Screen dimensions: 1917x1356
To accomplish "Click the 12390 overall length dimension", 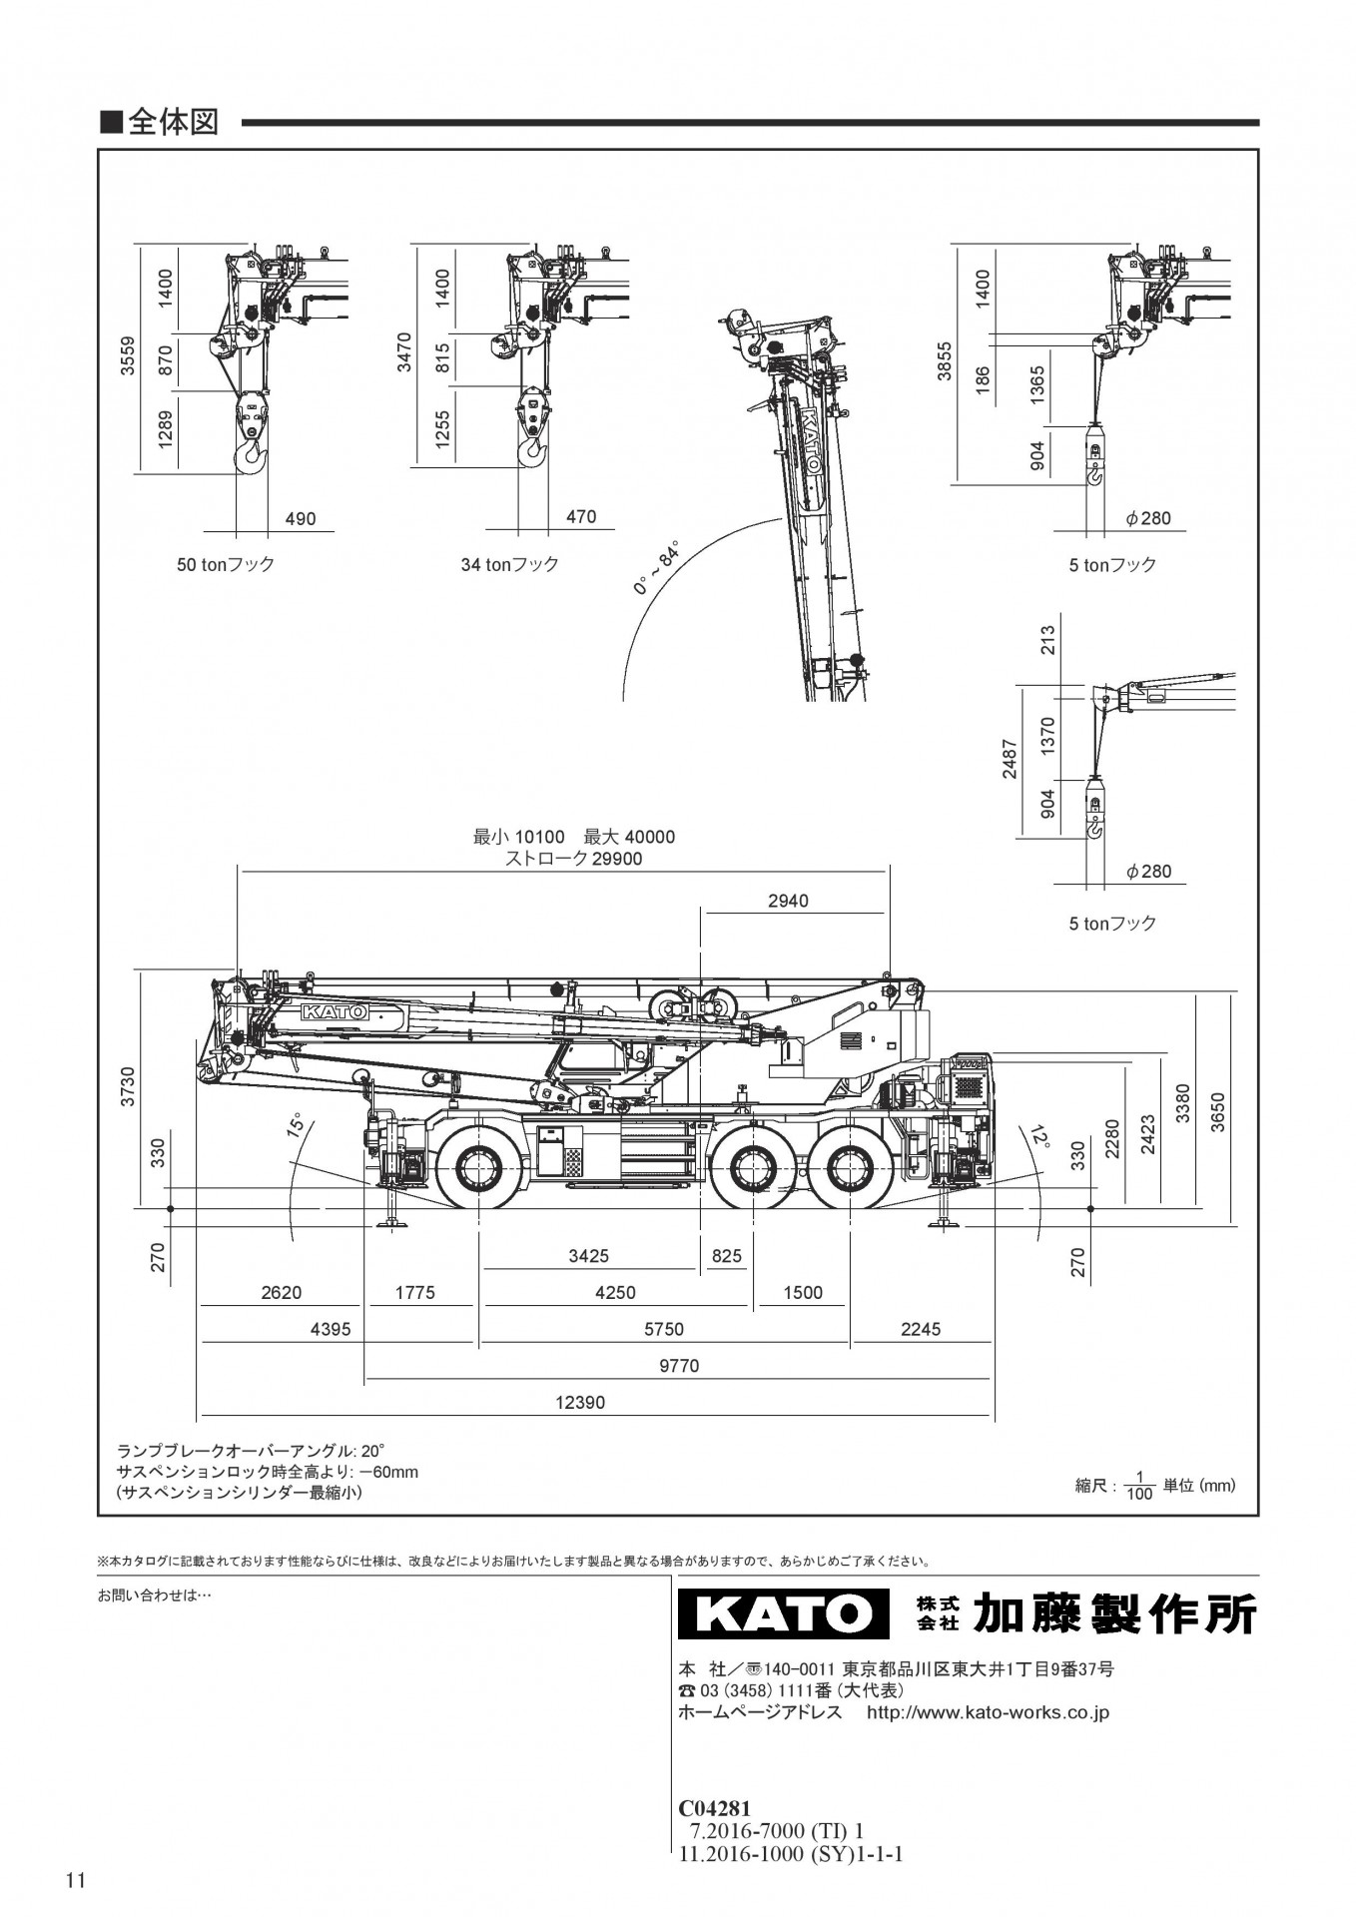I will coord(580,1403).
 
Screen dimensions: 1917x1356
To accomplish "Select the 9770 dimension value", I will coord(679,1366).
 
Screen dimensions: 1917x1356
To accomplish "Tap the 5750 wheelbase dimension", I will coord(664,1329).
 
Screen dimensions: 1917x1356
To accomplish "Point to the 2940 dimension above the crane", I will coord(788,901).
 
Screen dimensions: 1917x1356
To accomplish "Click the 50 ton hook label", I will coord(226,564).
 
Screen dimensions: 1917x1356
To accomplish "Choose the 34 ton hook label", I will coord(509,564).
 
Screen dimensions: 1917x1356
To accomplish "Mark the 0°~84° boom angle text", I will coord(656,569).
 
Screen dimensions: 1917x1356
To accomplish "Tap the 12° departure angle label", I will coord(1039,1136).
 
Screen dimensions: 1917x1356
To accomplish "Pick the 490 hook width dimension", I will coord(301,519).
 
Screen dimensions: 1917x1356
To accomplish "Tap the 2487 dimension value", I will coord(1010,758).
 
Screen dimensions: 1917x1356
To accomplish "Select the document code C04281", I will coord(714,1808).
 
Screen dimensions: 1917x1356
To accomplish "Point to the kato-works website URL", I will coord(988,1712).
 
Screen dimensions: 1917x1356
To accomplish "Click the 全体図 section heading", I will coord(172,122).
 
